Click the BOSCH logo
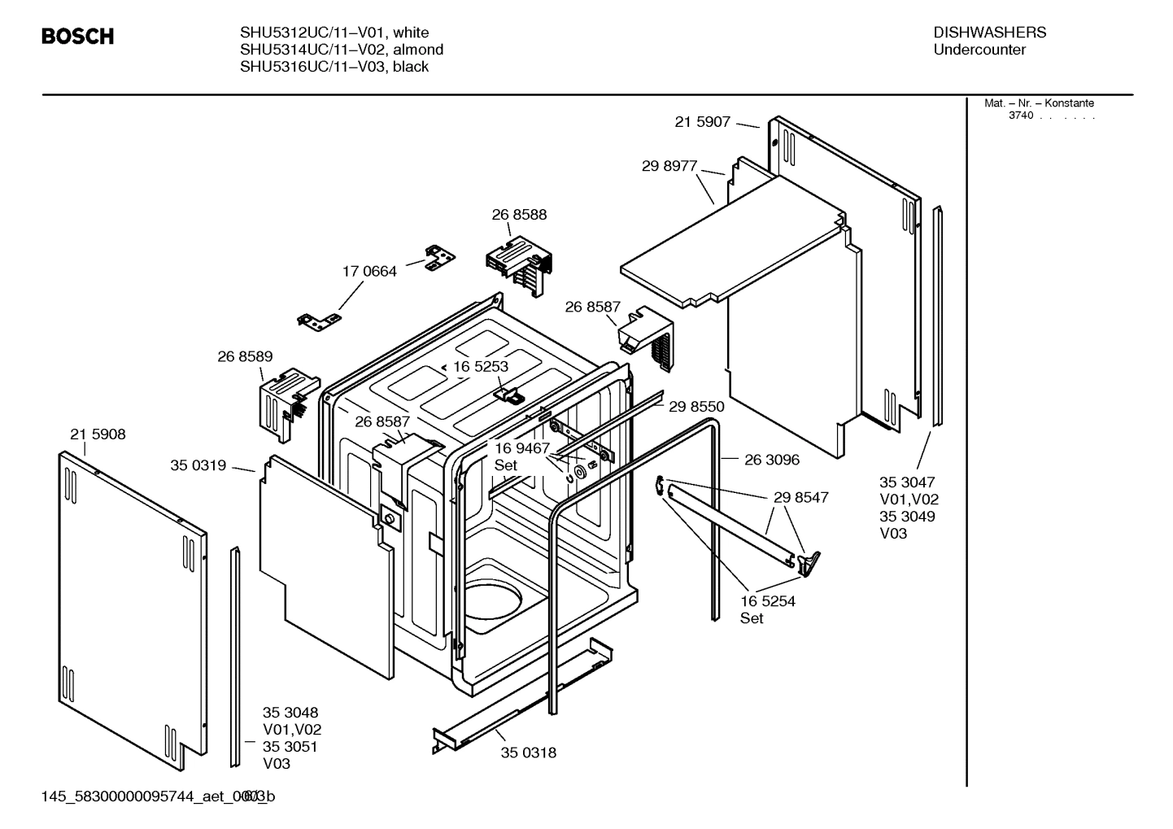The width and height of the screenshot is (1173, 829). [x=77, y=37]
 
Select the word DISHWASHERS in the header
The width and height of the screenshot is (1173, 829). [x=989, y=33]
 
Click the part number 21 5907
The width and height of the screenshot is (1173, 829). [x=702, y=122]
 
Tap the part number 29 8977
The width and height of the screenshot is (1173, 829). [x=669, y=166]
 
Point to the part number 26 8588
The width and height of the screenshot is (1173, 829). [x=519, y=215]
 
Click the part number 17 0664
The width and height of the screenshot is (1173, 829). [x=369, y=272]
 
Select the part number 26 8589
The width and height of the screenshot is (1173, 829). [x=245, y=356]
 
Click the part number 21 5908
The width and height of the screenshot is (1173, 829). [x=98, y=434]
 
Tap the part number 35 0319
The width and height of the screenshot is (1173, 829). [x=198, y=466]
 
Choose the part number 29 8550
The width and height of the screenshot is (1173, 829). [x=696, y=407]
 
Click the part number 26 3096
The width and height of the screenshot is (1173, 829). [x=771, y=460]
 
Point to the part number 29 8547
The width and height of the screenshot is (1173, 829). [x=800, y=497]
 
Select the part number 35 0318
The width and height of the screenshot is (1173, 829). [x=528, y=753]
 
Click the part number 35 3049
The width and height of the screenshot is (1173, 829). [x=907, y=517]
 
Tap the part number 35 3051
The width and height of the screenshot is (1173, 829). [x=290, y=747]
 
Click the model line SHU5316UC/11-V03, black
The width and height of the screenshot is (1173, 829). [x=334, y=67]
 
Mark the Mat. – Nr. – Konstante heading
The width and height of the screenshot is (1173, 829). [x=1039, y=103]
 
